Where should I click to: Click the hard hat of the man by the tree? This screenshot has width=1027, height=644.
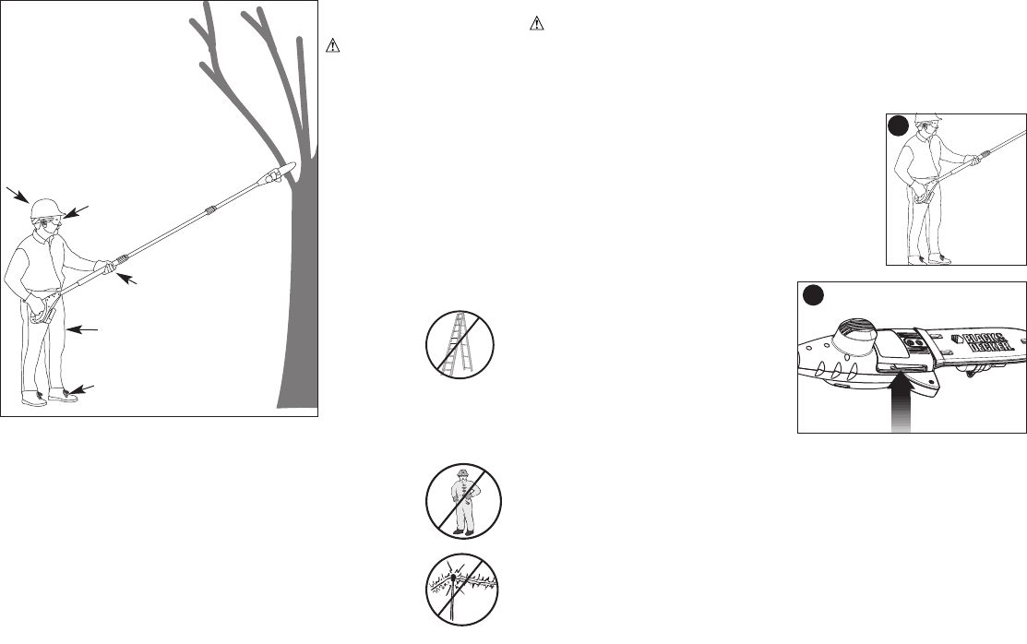(x=43, y=209)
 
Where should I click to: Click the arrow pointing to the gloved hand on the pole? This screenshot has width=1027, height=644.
(x=129, y=277)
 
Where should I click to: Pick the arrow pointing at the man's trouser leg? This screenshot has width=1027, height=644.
(x=82, y=328)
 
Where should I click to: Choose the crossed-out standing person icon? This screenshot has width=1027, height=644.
(x=463, y=501)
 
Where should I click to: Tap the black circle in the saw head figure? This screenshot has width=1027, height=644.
(x=812, y=295)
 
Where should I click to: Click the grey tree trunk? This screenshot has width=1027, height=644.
(x=301, y=304)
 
